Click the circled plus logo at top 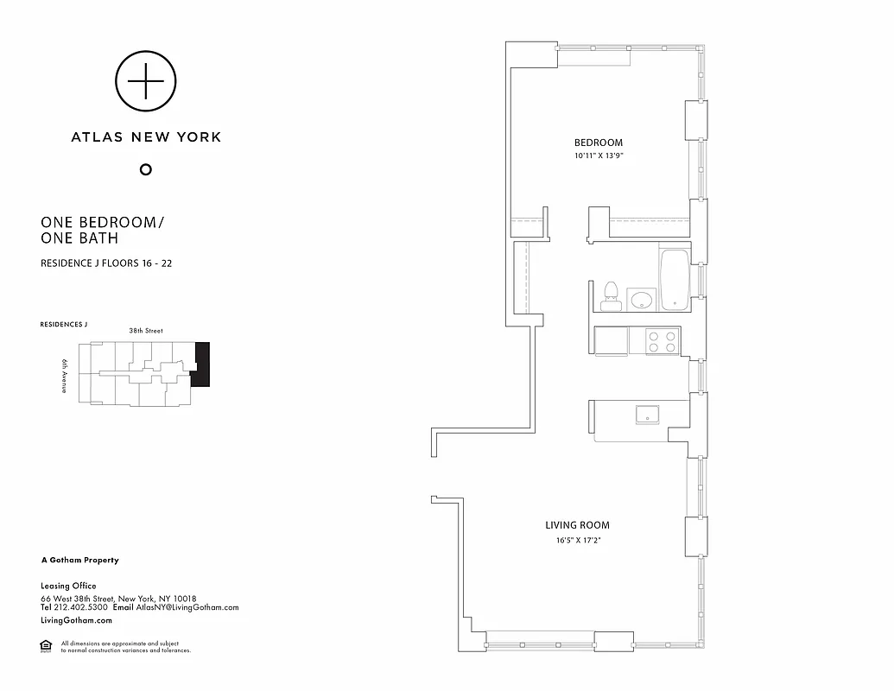(146, 81)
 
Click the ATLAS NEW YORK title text (146, 136)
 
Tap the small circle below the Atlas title (146, 169)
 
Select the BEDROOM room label (599, 143)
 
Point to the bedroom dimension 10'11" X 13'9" (599, 155)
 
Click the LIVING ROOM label (577, 525)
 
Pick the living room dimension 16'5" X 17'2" (577, 541)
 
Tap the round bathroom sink (642, 300)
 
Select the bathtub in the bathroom (673, 279)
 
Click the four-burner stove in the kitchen (663, 342)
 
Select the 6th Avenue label (65, 377)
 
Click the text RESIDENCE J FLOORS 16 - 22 (106, 263)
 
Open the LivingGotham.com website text (77, 620)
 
